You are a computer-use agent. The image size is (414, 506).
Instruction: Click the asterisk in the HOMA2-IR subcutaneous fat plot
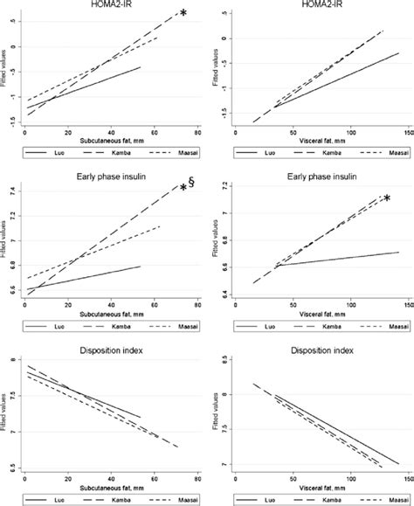tap(183, 13)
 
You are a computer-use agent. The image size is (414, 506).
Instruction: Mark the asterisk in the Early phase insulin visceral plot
tap(386, 199)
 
